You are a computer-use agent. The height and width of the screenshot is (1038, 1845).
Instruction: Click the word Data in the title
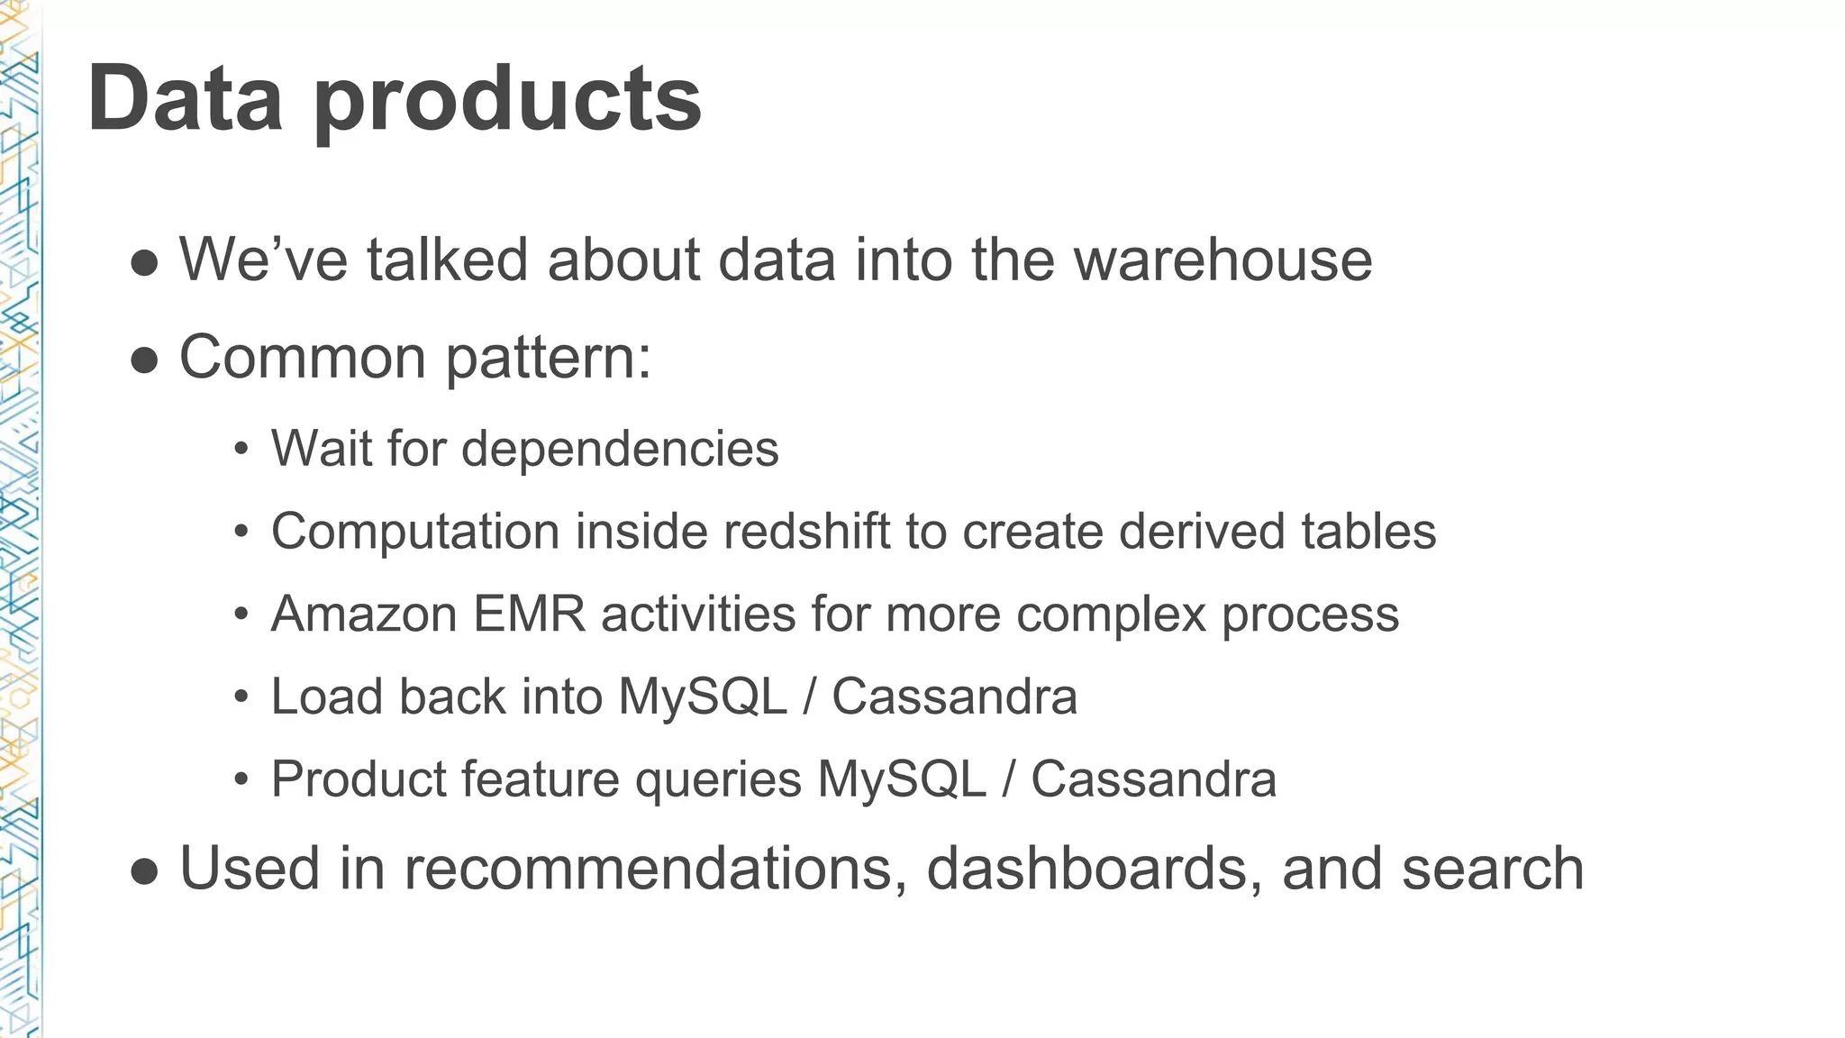185,98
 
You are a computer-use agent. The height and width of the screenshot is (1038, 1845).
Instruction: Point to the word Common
303,358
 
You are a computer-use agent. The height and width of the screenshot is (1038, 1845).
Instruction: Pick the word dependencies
620,449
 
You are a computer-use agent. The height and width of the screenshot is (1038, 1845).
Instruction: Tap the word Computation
415,532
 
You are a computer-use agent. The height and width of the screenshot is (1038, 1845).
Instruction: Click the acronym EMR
529,615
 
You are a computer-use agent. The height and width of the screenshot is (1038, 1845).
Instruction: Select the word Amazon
364,615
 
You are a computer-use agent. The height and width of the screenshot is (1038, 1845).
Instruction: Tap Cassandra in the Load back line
954,697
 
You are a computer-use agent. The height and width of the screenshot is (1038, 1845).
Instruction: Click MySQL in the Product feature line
902,780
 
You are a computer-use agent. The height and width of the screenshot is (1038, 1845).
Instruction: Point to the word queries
718,780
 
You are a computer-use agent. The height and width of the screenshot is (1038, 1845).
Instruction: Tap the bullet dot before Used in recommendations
144,871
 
